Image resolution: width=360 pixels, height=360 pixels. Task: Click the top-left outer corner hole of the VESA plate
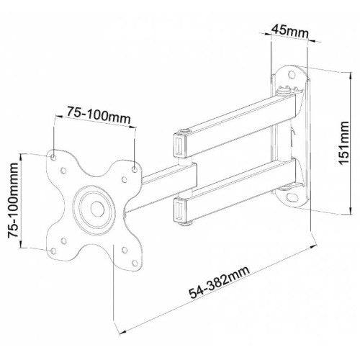[x=55, y=154]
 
